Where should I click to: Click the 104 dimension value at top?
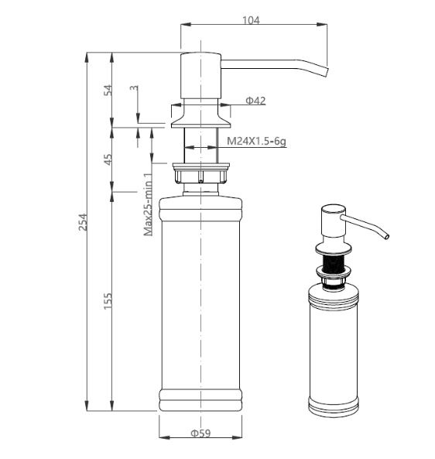click(x=251, y=20)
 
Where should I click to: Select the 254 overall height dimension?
click(x=84, y=222)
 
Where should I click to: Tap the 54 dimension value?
click(x=108, y=90)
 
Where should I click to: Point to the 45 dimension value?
click(x=108, y=159)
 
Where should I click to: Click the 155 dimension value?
click(x=108, y=300)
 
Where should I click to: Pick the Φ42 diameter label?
click(x=255, y=101)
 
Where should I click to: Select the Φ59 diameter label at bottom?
click(x=200, y=433)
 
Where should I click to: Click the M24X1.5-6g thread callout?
click(x=257, y=142)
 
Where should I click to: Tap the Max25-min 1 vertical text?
click(x=148, y=204)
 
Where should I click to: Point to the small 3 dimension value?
click(x=134, y=87)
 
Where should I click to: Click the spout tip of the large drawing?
click(x=327, y=73)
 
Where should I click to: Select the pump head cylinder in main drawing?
click(x=200, y=76)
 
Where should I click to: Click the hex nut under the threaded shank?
click(x=200, y=173)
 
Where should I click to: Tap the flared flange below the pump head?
click(x=200, y=117)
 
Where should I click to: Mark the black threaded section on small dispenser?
click(x=333, y=263)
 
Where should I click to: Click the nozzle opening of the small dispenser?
click(x=387, y=236)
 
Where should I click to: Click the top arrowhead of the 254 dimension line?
click(x=87, y=57)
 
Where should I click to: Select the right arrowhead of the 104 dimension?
click(x=322, y=25)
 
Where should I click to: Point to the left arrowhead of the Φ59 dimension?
click(x=164, y=437)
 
